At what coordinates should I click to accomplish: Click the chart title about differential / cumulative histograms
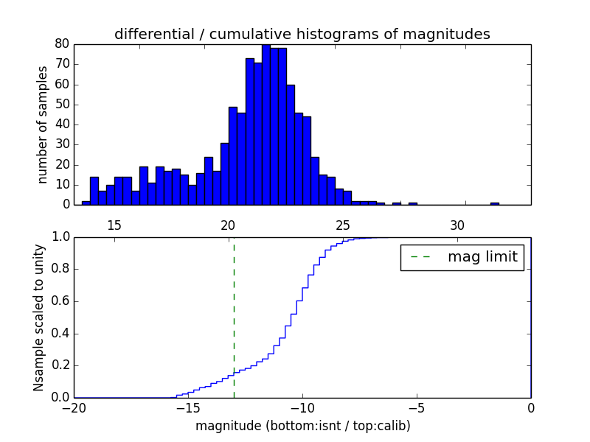(x=302, y=34)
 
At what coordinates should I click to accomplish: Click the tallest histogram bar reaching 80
(x=265, y=125)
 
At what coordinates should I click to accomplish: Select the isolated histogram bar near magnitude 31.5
(x=494, y=203)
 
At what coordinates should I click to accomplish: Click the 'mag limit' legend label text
(x=482, y=257)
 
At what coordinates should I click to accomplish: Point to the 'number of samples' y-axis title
(x=43, y=124)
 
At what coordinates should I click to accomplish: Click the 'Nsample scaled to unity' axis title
(x=38, y=318)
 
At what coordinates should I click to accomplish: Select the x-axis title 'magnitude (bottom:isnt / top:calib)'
(x=302, y=426)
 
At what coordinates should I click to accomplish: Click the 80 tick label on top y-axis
(x=62, y=44)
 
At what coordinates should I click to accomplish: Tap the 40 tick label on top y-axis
(x=62, y=124)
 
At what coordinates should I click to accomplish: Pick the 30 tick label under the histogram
(x=457, y=225)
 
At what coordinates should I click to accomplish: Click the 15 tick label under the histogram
(x=114, y=225)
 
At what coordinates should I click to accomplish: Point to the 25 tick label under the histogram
(x=343, y=225)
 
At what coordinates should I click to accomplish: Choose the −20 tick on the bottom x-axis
(x=74, y=408)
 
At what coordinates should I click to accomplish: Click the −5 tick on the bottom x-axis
(x=416, y=408)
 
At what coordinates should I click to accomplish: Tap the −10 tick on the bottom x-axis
(x=302, y=408)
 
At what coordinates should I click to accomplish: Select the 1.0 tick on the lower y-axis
(x=60, y=237)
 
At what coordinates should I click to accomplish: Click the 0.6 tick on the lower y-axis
(x=60, y=301)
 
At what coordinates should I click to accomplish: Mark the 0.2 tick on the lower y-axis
(x=60, y=365)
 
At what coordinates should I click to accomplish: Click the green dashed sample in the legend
(x=420, y=257)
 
